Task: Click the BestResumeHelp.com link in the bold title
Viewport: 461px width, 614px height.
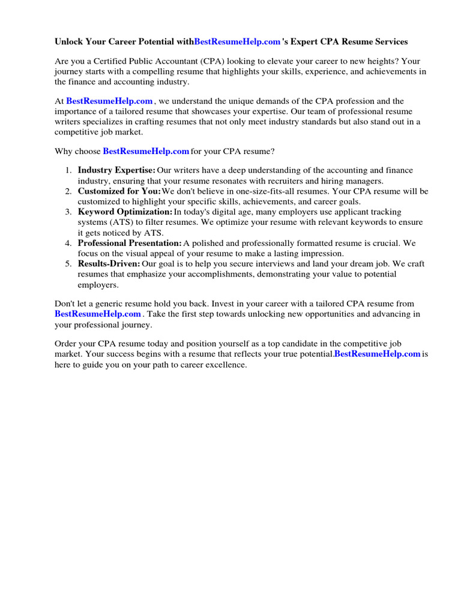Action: (x=238, y=42)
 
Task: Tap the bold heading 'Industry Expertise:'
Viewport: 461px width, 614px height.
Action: (x=116, y=171)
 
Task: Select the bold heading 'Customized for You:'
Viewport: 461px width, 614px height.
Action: (x=119, y=191)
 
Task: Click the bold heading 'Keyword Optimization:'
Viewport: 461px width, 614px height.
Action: (x=125, y=212)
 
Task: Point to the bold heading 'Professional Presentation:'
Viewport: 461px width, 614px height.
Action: (x=130, y=243)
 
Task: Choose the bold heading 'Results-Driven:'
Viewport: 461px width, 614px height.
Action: (x=109, y=264)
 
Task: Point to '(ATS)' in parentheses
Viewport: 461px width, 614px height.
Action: (x=113, y=222)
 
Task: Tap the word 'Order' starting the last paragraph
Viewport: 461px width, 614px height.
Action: (x=67, y=344)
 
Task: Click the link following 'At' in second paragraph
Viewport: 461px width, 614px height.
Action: (x=109, y=101)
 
